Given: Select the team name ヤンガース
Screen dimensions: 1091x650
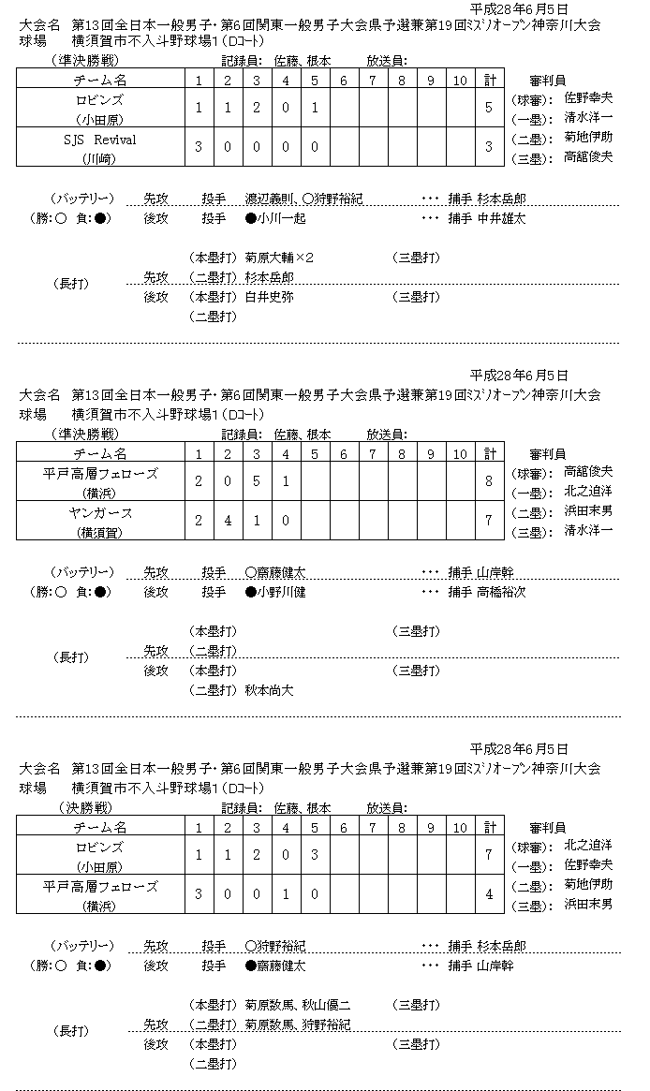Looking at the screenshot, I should point(99,513).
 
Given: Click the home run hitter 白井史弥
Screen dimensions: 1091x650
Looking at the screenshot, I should point(269,297).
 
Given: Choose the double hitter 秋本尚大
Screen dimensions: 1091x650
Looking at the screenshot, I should point(269,690).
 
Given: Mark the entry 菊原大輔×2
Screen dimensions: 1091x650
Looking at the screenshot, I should point(279,258).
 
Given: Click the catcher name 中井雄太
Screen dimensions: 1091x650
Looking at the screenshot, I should point(502,218).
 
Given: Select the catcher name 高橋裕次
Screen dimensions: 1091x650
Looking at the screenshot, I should point(502,592).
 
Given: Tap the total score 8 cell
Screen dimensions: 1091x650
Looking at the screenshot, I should point(489,481).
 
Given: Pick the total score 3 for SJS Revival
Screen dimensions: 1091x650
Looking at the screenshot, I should point(489,146).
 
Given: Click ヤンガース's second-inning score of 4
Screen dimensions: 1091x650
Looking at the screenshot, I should point(228,520).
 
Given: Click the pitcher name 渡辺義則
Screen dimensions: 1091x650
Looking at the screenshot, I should point(272,199).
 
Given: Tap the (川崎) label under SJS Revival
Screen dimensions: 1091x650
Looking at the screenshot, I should point(96,157).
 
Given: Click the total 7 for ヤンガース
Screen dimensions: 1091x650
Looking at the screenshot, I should point(489,520).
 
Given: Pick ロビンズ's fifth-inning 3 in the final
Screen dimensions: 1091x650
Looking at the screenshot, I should point(315,854).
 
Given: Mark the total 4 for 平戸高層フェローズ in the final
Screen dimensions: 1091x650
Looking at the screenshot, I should point(489,894).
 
